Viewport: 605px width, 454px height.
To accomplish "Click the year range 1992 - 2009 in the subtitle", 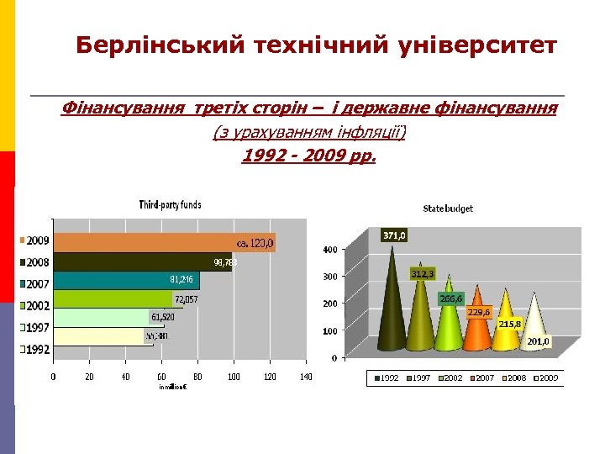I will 308,156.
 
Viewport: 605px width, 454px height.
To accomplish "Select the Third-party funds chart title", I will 170,204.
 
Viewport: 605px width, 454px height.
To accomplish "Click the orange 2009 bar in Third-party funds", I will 160,242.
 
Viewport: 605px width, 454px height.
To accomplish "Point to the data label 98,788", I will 225,262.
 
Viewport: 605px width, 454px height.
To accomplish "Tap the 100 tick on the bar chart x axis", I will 234,377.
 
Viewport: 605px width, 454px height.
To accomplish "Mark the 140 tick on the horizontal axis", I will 305,377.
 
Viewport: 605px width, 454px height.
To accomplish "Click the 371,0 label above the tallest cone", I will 395,235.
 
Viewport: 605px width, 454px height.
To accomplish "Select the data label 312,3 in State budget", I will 423,273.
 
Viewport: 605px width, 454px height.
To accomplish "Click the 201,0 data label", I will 538,341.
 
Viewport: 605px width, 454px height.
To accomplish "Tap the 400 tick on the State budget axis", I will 330,250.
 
